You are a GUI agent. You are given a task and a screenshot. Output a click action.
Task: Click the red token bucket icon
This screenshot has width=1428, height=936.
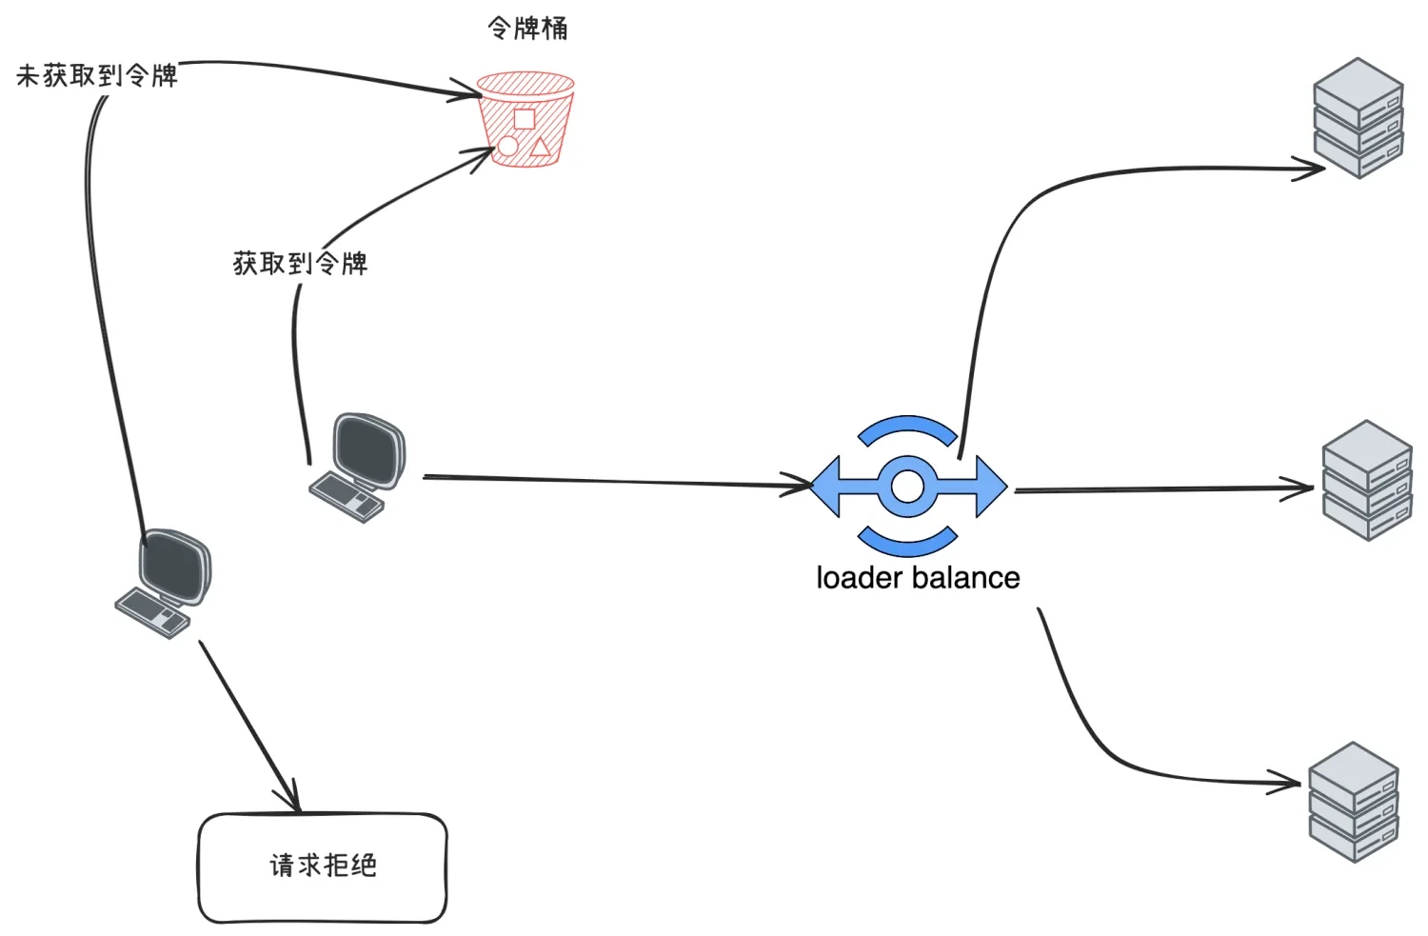point(526,119)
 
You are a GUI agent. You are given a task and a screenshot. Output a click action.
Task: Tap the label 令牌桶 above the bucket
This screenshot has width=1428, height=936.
point(527,29)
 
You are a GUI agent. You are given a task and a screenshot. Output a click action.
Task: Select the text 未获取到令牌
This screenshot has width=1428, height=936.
point(97,76)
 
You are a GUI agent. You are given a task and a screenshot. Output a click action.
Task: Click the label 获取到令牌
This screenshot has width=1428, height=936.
point(300,264)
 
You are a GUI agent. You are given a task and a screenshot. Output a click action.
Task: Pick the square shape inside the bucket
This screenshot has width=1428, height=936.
point(524,119)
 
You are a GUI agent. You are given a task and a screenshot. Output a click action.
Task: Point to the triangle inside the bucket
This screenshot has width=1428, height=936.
point(540,147)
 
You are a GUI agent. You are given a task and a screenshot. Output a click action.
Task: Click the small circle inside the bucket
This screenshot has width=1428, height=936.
point(508,146)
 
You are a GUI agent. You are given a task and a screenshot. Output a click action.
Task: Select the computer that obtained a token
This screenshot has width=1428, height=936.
point(357,467)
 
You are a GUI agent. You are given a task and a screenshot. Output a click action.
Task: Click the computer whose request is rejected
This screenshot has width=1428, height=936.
point(164,583)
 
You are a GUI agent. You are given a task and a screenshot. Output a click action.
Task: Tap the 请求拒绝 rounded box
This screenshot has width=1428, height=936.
point(322,866)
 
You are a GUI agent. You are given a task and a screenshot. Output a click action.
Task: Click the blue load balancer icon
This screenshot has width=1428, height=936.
point(908,486)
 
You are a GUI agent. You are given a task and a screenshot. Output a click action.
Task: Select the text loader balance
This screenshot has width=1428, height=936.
point(918,578)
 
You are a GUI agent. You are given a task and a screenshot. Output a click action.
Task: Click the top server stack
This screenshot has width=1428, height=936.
point(1358,118)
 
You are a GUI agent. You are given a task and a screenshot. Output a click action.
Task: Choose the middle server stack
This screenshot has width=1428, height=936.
point(1367,481)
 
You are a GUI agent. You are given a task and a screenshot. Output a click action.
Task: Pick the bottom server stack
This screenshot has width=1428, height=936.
point(1353,803)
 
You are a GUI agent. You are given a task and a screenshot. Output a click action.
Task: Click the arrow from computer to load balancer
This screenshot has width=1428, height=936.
point(609,481)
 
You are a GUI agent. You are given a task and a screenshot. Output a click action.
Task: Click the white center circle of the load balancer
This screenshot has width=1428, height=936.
point(907,487)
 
